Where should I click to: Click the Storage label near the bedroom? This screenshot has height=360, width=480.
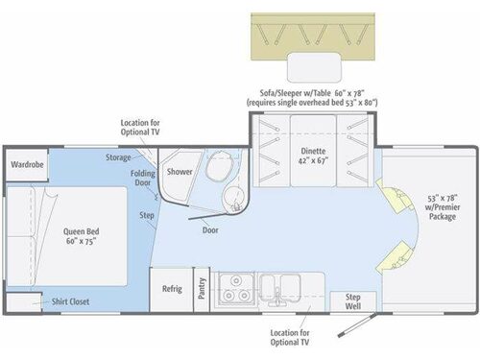click(119, 157)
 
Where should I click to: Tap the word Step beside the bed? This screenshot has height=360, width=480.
click(147, 215)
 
